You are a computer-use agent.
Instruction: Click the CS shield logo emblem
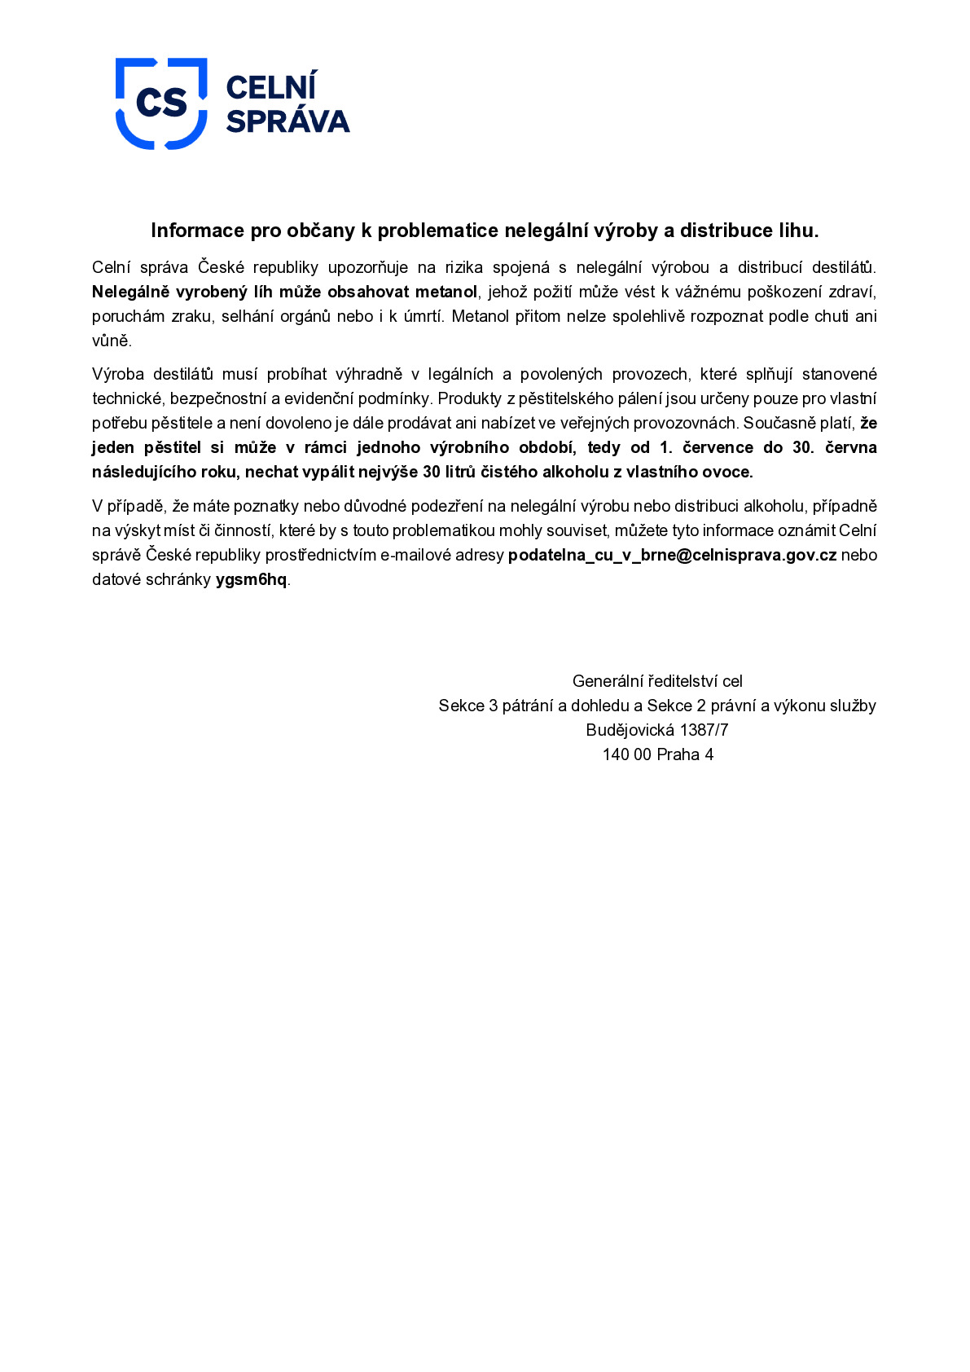point(161,103)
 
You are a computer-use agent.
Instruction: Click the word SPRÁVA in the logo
point(287,121)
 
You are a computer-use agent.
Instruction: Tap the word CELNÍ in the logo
point(270,87)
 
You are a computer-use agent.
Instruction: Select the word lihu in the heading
point(797,231)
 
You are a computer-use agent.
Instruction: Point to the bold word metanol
point(446,292)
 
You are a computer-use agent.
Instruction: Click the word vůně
point(112,341)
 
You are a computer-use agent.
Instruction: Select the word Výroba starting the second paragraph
point(116,374)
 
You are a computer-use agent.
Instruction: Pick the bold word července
point(718,447)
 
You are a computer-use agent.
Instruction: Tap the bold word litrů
point(459,472)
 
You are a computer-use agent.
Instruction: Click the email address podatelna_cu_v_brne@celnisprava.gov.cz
point(672,556)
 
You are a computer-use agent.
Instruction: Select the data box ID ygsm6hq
point(251,580)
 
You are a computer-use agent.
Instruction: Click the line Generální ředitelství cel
point(657,681)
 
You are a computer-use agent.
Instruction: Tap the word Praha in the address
point(678,754)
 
